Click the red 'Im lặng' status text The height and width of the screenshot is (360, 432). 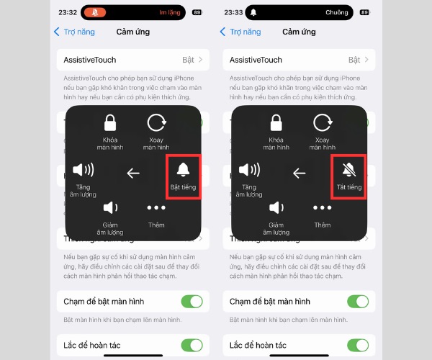tap(169, 12)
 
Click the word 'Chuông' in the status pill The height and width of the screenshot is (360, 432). tap(336, 12)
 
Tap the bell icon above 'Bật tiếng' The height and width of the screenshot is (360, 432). tap(183, 169)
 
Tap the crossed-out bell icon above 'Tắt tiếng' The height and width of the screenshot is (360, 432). tap(349, 169)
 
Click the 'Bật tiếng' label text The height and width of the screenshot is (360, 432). tap(183, 187)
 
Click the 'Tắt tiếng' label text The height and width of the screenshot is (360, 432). tap(349, 187)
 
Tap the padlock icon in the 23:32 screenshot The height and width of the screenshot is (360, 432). tap(110, 122)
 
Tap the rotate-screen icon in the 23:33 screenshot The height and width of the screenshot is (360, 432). tap(323, 122)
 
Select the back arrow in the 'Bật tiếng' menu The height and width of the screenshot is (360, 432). tap(132, 173)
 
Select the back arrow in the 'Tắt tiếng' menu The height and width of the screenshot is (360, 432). tap(299, 173)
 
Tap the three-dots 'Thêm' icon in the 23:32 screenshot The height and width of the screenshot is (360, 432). tap(156, 208)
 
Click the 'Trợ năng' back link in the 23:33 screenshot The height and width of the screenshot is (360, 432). tap(240, 32)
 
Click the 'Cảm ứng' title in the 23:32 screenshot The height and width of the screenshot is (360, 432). tap(133, 32)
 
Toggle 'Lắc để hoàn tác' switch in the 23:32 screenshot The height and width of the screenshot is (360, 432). tap(192, 345)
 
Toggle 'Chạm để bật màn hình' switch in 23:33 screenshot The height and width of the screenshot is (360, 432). tap(358, 302)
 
